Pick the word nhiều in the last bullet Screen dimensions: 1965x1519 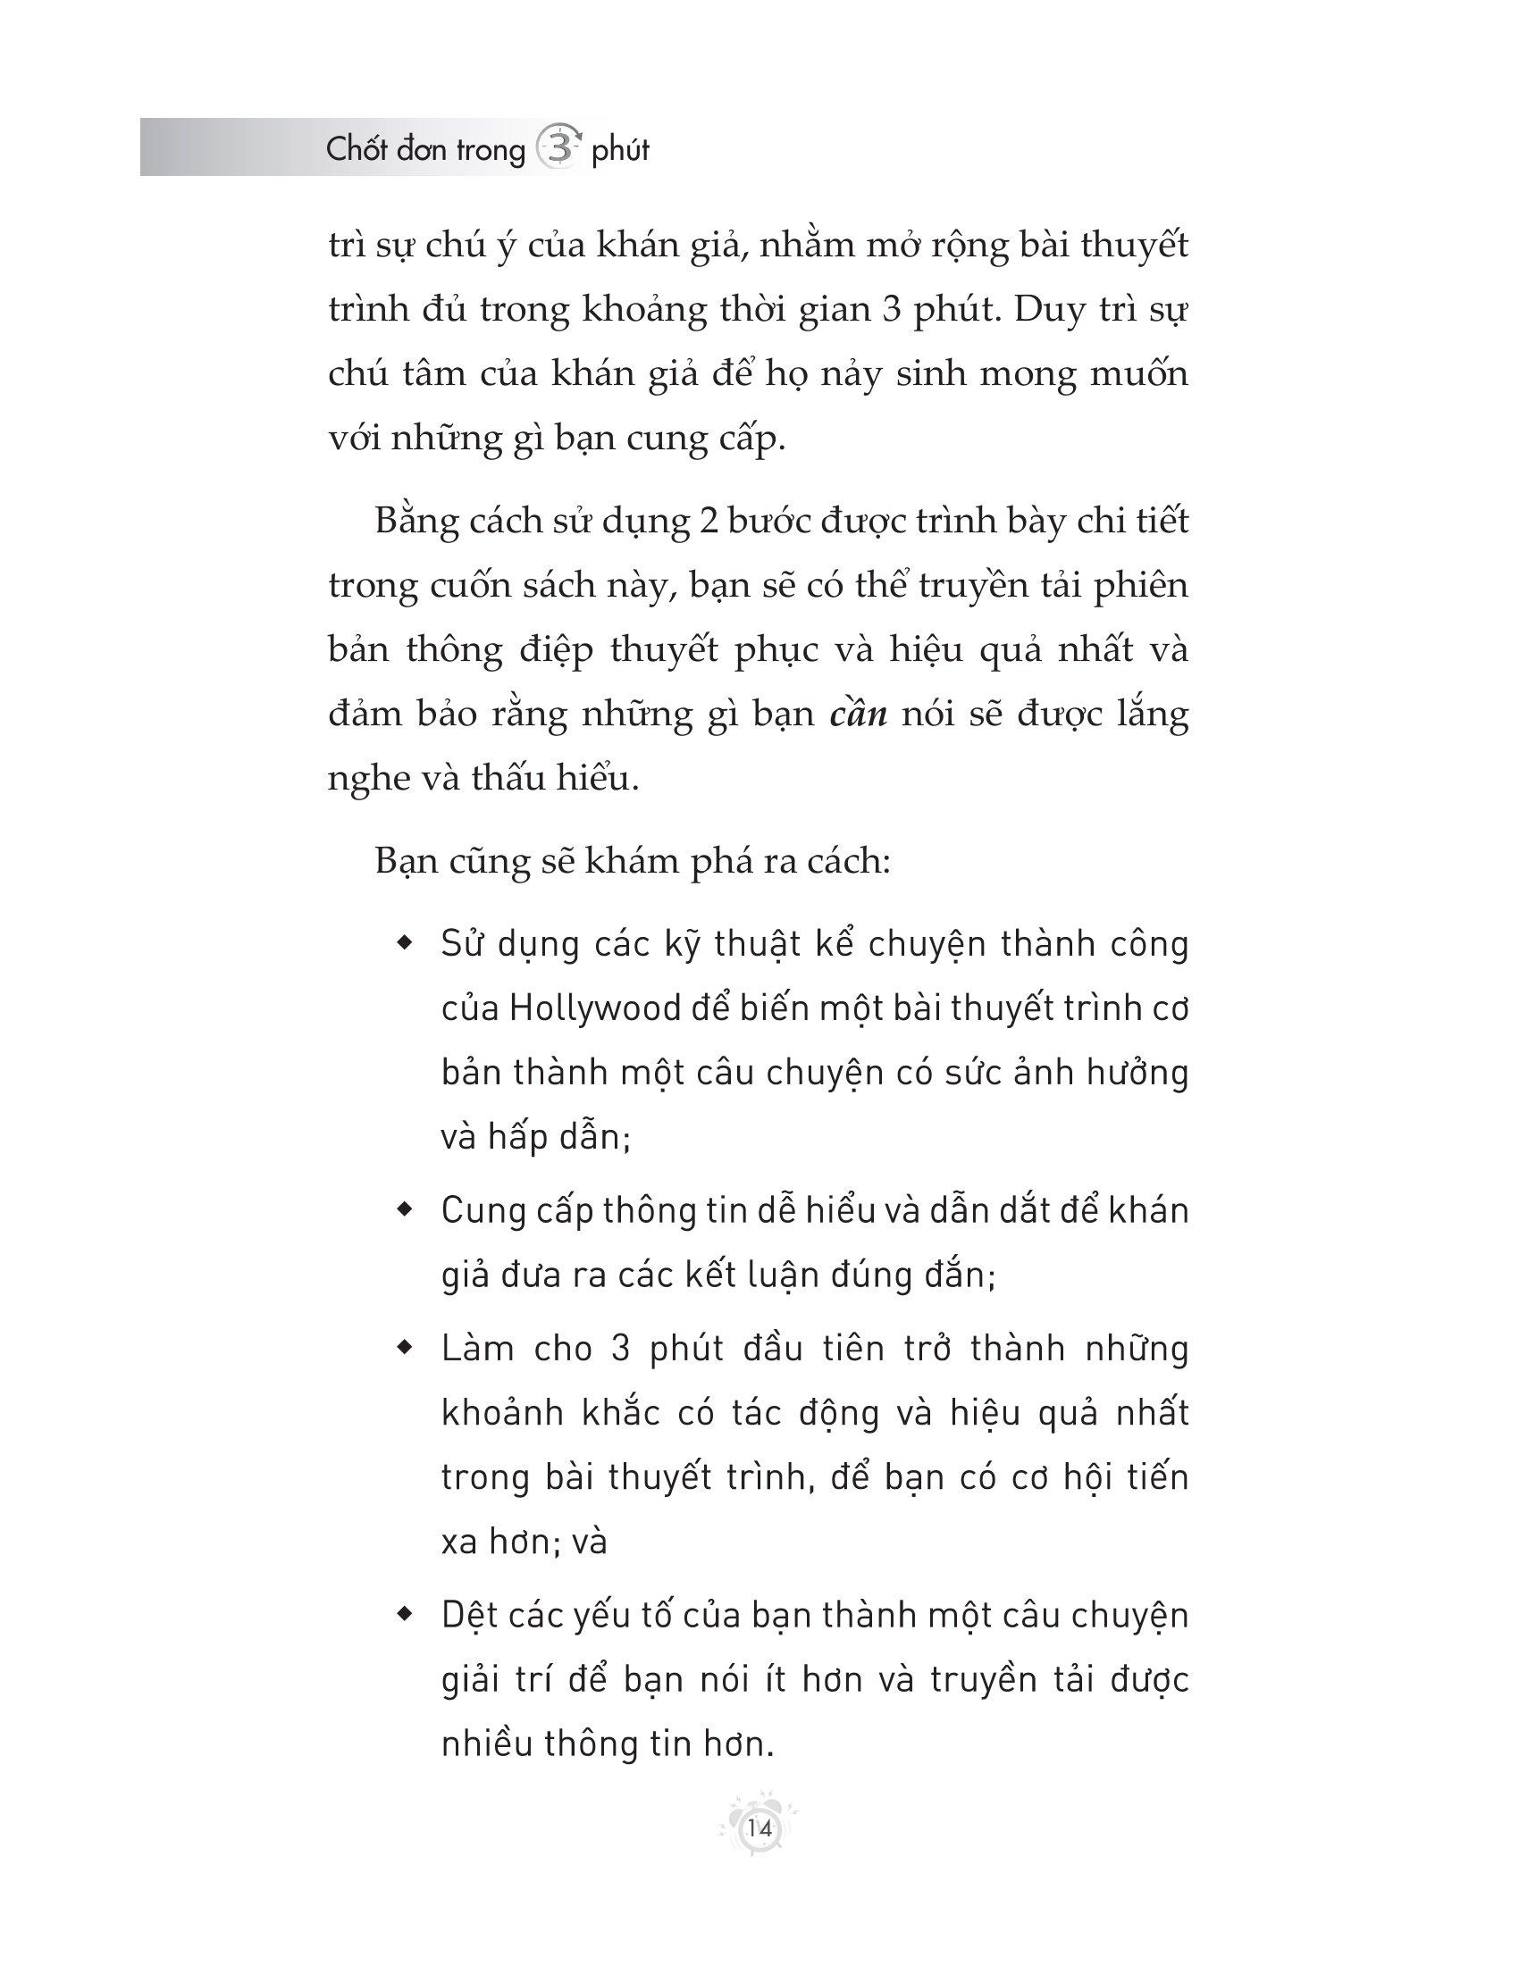pyautogui.click(x=487, y=1744)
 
